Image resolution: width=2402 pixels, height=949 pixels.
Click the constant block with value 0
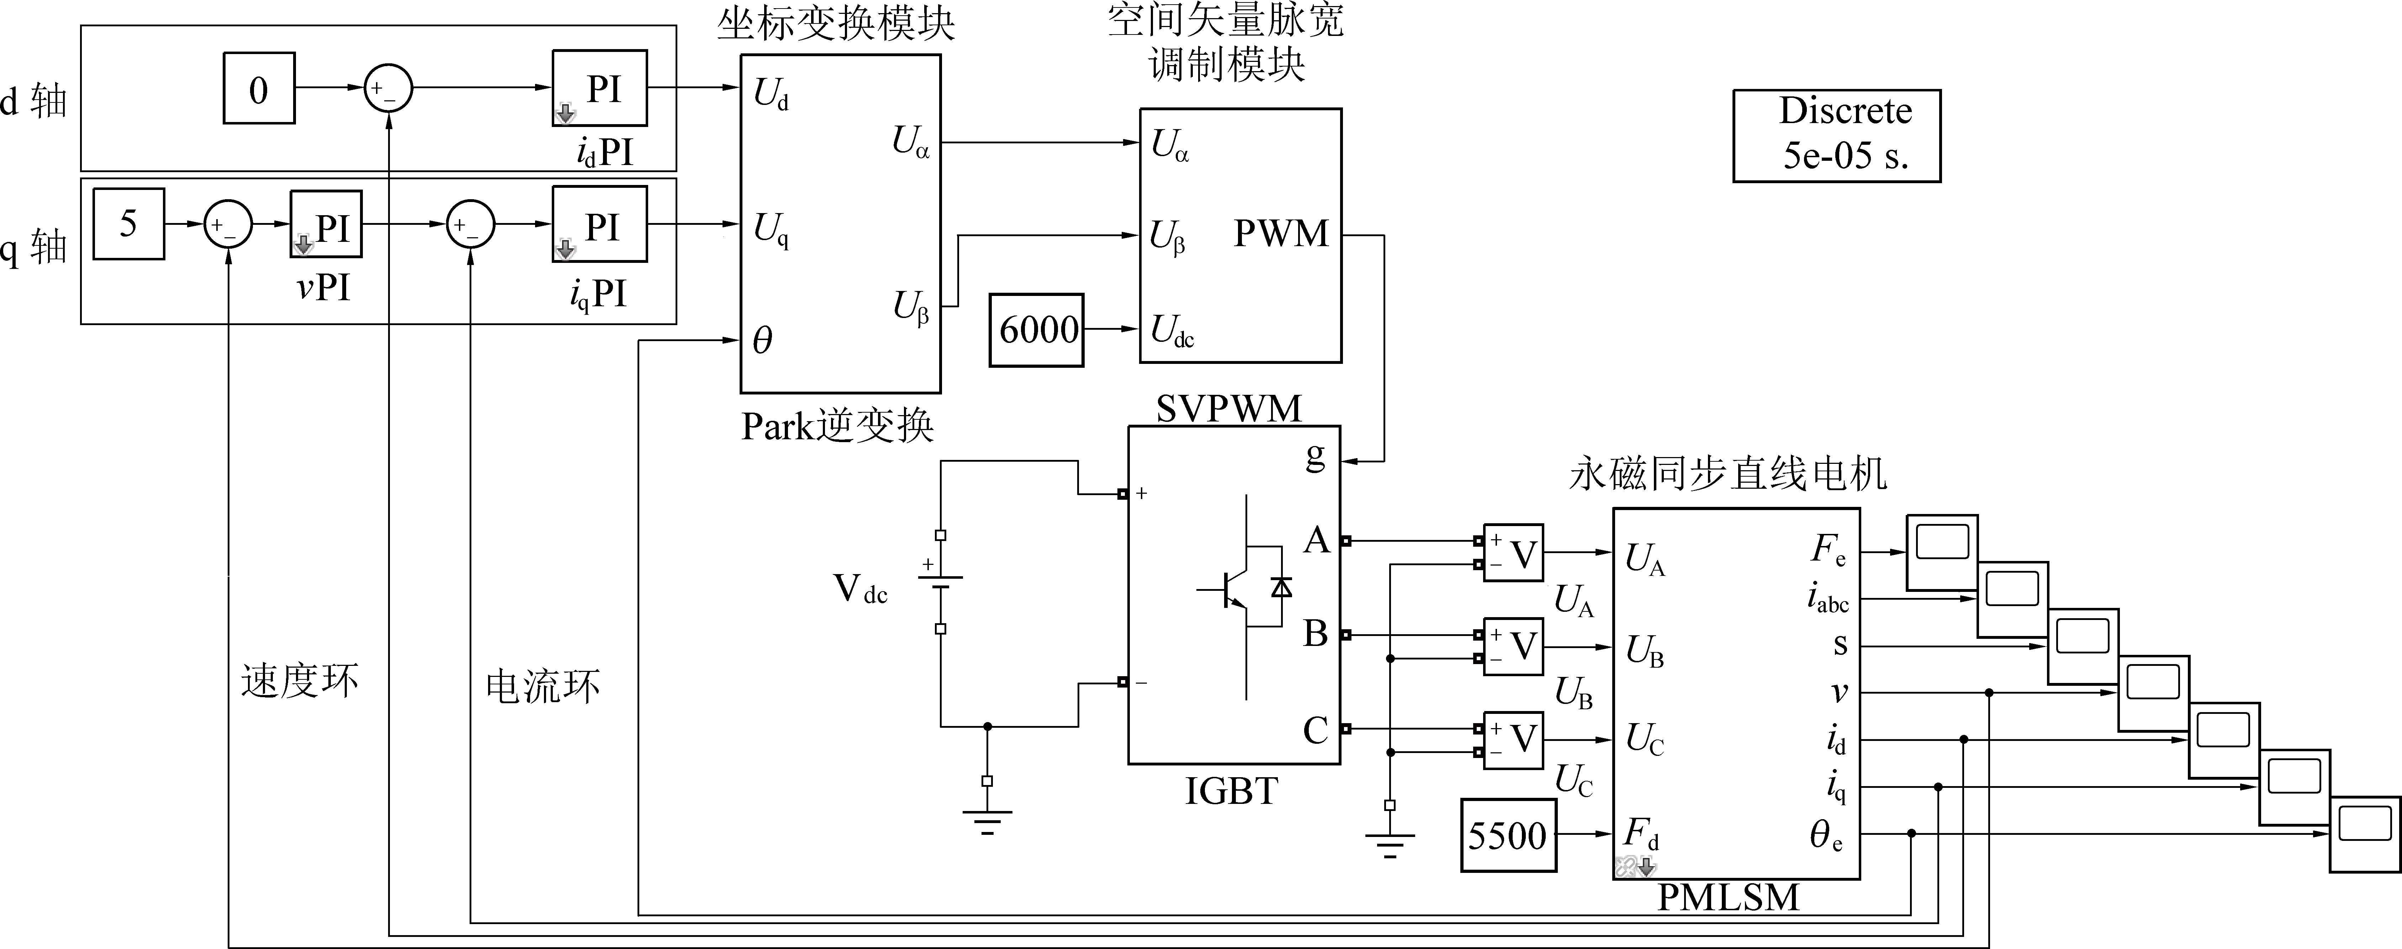(258, 89)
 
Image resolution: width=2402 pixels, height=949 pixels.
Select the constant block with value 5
(129, 224)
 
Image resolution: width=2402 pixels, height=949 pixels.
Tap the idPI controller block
(599, 89)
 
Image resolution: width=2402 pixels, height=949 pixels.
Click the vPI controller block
(326, 224)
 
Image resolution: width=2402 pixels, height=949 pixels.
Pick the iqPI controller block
(599, 224)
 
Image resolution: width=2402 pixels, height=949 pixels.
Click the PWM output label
(1281, 233)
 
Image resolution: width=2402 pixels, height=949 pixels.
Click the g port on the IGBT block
(1315, 457)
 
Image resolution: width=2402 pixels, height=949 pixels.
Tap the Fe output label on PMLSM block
(1827, 550)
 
